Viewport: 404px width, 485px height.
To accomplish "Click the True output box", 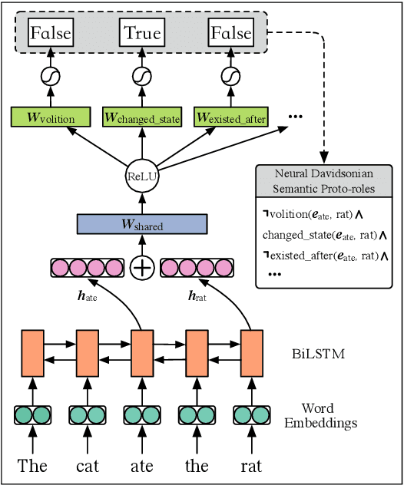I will [142, 33].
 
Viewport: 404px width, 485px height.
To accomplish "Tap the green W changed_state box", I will [143, 118].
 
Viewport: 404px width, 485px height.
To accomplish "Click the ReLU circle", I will [142, 176].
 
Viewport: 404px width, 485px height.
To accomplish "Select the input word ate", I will [141, 466].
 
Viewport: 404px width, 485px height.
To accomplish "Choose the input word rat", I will [251, 466].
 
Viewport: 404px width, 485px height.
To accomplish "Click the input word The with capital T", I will [32, 466].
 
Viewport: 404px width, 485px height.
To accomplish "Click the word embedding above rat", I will [252, 415].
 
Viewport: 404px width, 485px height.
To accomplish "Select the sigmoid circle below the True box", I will [142, 76].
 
